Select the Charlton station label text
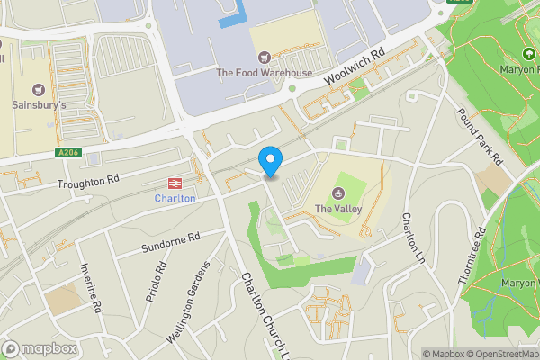175,198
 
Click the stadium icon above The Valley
338,192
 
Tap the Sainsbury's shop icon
38,89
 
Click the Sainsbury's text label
38,106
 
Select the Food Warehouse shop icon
263,55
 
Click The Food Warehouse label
263,73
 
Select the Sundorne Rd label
169,241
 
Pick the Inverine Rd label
91,288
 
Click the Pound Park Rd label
479,137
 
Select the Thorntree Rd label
472,256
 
